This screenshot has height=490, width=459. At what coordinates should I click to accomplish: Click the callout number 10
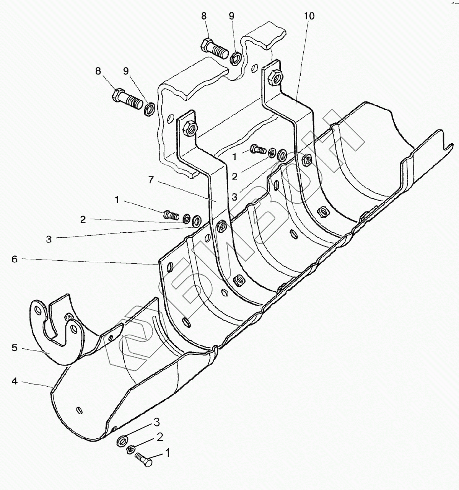click(309, 16)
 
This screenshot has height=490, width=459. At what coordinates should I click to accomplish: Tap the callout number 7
click(151, 180)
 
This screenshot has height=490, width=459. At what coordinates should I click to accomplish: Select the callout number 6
click(15, 259)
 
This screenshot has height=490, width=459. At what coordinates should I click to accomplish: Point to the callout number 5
click(15, 348)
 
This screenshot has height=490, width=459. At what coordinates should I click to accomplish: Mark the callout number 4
click(15, 381)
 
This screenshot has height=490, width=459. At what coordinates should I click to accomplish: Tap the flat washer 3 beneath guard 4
click(122, 440)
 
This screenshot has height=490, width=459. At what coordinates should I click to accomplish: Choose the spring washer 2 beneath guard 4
click(130, 449)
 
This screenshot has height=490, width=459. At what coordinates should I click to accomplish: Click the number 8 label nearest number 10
click(203, 16)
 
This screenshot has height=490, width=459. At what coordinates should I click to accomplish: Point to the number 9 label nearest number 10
click(231, 16)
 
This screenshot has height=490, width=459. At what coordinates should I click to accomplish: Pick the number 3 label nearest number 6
click(49, 240)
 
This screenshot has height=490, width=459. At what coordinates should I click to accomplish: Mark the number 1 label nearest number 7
click(117, 200)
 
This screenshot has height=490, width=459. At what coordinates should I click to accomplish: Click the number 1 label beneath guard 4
click(167, 453)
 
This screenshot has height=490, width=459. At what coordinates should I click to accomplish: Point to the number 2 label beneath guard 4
click(160, 437)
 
